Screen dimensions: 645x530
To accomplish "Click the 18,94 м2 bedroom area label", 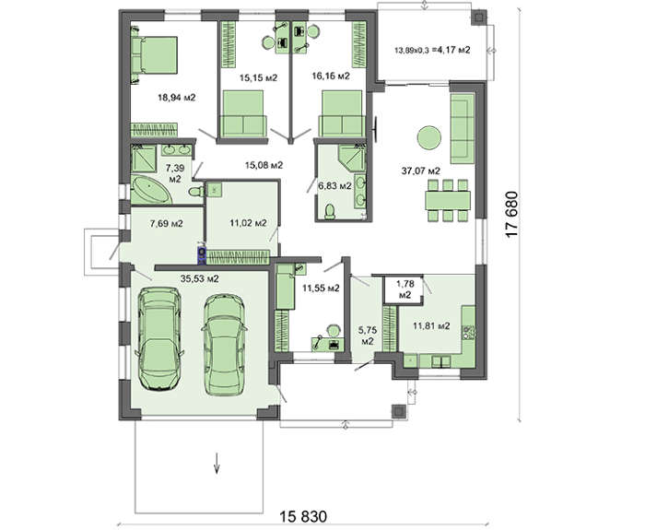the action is click(177, 98).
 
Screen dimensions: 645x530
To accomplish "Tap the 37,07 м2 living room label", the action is click(421, 171).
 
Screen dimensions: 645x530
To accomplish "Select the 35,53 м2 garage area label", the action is click(200, 278).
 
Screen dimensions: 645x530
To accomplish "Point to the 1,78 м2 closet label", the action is click(405, 289).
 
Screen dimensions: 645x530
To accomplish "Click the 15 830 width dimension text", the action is click(303, 516).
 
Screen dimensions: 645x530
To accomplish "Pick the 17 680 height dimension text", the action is click(511, 214).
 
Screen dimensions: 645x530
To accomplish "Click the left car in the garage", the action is click(159, 338).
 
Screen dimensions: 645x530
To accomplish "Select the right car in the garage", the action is click(225, 345).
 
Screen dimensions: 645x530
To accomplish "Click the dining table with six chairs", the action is click(448, 200).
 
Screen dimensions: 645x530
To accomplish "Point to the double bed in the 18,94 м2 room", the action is click(155, 55).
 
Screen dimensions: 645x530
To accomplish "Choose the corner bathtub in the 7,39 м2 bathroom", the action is click(150, 189).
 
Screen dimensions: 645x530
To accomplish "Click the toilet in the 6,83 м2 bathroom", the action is click(330, 211).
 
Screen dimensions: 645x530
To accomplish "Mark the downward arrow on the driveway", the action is click(217, 463).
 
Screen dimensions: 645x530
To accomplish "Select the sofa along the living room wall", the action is click(463, 129).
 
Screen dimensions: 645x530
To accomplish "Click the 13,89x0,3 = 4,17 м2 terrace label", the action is click(432, 50).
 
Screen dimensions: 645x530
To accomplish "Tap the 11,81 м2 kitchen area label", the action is click(431, 326).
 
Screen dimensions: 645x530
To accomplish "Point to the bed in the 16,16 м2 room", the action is click(342, 113).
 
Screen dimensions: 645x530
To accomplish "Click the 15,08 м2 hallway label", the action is click(264, 165).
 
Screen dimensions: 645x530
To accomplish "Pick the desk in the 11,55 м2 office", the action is click(326, 342).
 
